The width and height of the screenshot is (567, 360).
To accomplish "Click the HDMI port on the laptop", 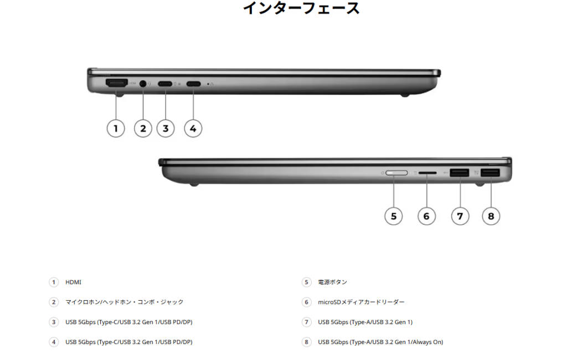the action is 116,83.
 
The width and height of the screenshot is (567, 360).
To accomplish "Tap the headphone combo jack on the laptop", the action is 143,84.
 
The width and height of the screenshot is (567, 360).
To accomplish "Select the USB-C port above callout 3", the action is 165,84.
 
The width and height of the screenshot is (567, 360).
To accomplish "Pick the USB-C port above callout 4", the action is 193,84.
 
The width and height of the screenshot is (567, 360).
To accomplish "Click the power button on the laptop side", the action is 396,173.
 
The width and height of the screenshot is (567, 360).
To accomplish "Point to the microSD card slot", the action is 427,173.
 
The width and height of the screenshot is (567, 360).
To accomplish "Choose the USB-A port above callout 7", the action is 460,173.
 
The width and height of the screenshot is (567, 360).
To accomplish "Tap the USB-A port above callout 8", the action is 491,173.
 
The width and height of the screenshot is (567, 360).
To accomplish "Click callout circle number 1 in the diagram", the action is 116,128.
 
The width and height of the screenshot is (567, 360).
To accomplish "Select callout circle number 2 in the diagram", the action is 143,128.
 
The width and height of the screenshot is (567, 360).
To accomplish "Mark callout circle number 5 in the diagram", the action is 394,216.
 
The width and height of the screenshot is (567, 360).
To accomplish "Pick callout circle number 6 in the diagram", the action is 427,216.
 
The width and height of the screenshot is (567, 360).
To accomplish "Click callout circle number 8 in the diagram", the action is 491,216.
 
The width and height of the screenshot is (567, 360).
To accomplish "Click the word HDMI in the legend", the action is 74,282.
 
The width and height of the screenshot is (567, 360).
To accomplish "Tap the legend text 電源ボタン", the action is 332,282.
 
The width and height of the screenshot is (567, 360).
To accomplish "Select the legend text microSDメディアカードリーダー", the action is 361,302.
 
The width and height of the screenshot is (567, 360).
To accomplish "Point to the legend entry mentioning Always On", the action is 380,342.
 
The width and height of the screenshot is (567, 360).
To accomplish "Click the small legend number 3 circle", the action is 54,322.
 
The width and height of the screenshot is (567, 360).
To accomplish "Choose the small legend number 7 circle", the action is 306,322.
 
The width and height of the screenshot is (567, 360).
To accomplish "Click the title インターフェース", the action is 301,8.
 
